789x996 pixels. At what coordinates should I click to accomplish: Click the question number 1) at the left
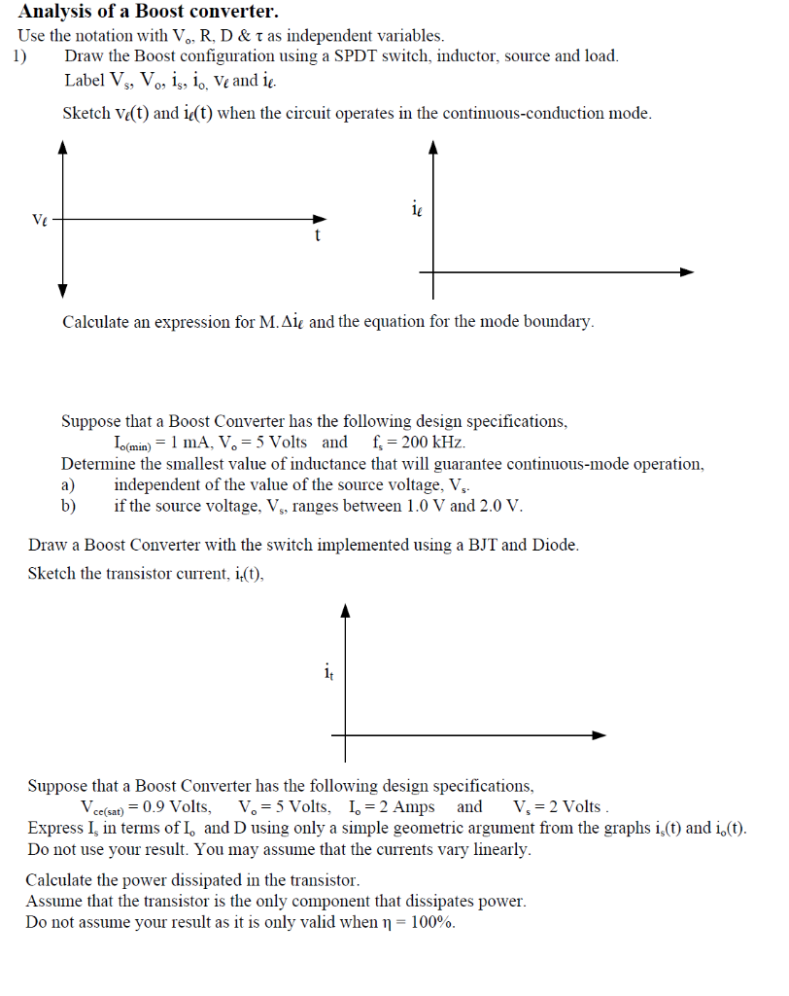click(21, 55)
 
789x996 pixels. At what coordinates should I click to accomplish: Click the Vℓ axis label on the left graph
click(39, 220)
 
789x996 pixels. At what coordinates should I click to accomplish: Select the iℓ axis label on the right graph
click(416, 207)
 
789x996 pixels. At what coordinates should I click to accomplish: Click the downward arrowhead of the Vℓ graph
click(63, 291)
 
